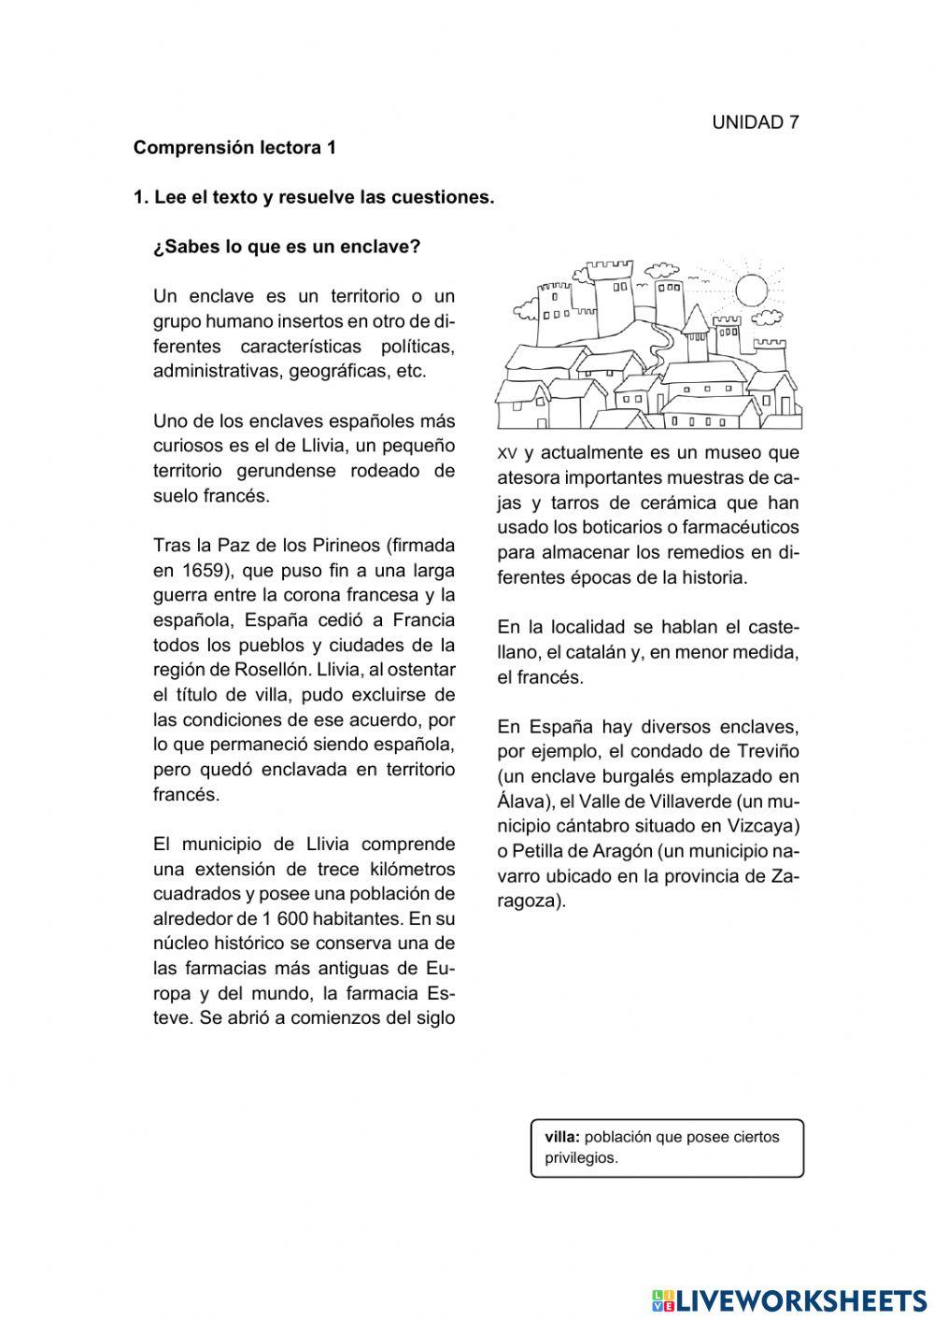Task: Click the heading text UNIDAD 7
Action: [755, 122]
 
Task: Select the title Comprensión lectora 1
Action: [234, 148]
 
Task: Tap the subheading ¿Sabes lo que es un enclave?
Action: [287, 248]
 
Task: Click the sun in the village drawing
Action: [750, 289]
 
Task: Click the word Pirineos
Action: [338, 546]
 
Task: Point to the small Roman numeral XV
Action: [507, 454]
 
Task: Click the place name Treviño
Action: [768, 752]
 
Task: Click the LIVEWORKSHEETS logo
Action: [789, 1299]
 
